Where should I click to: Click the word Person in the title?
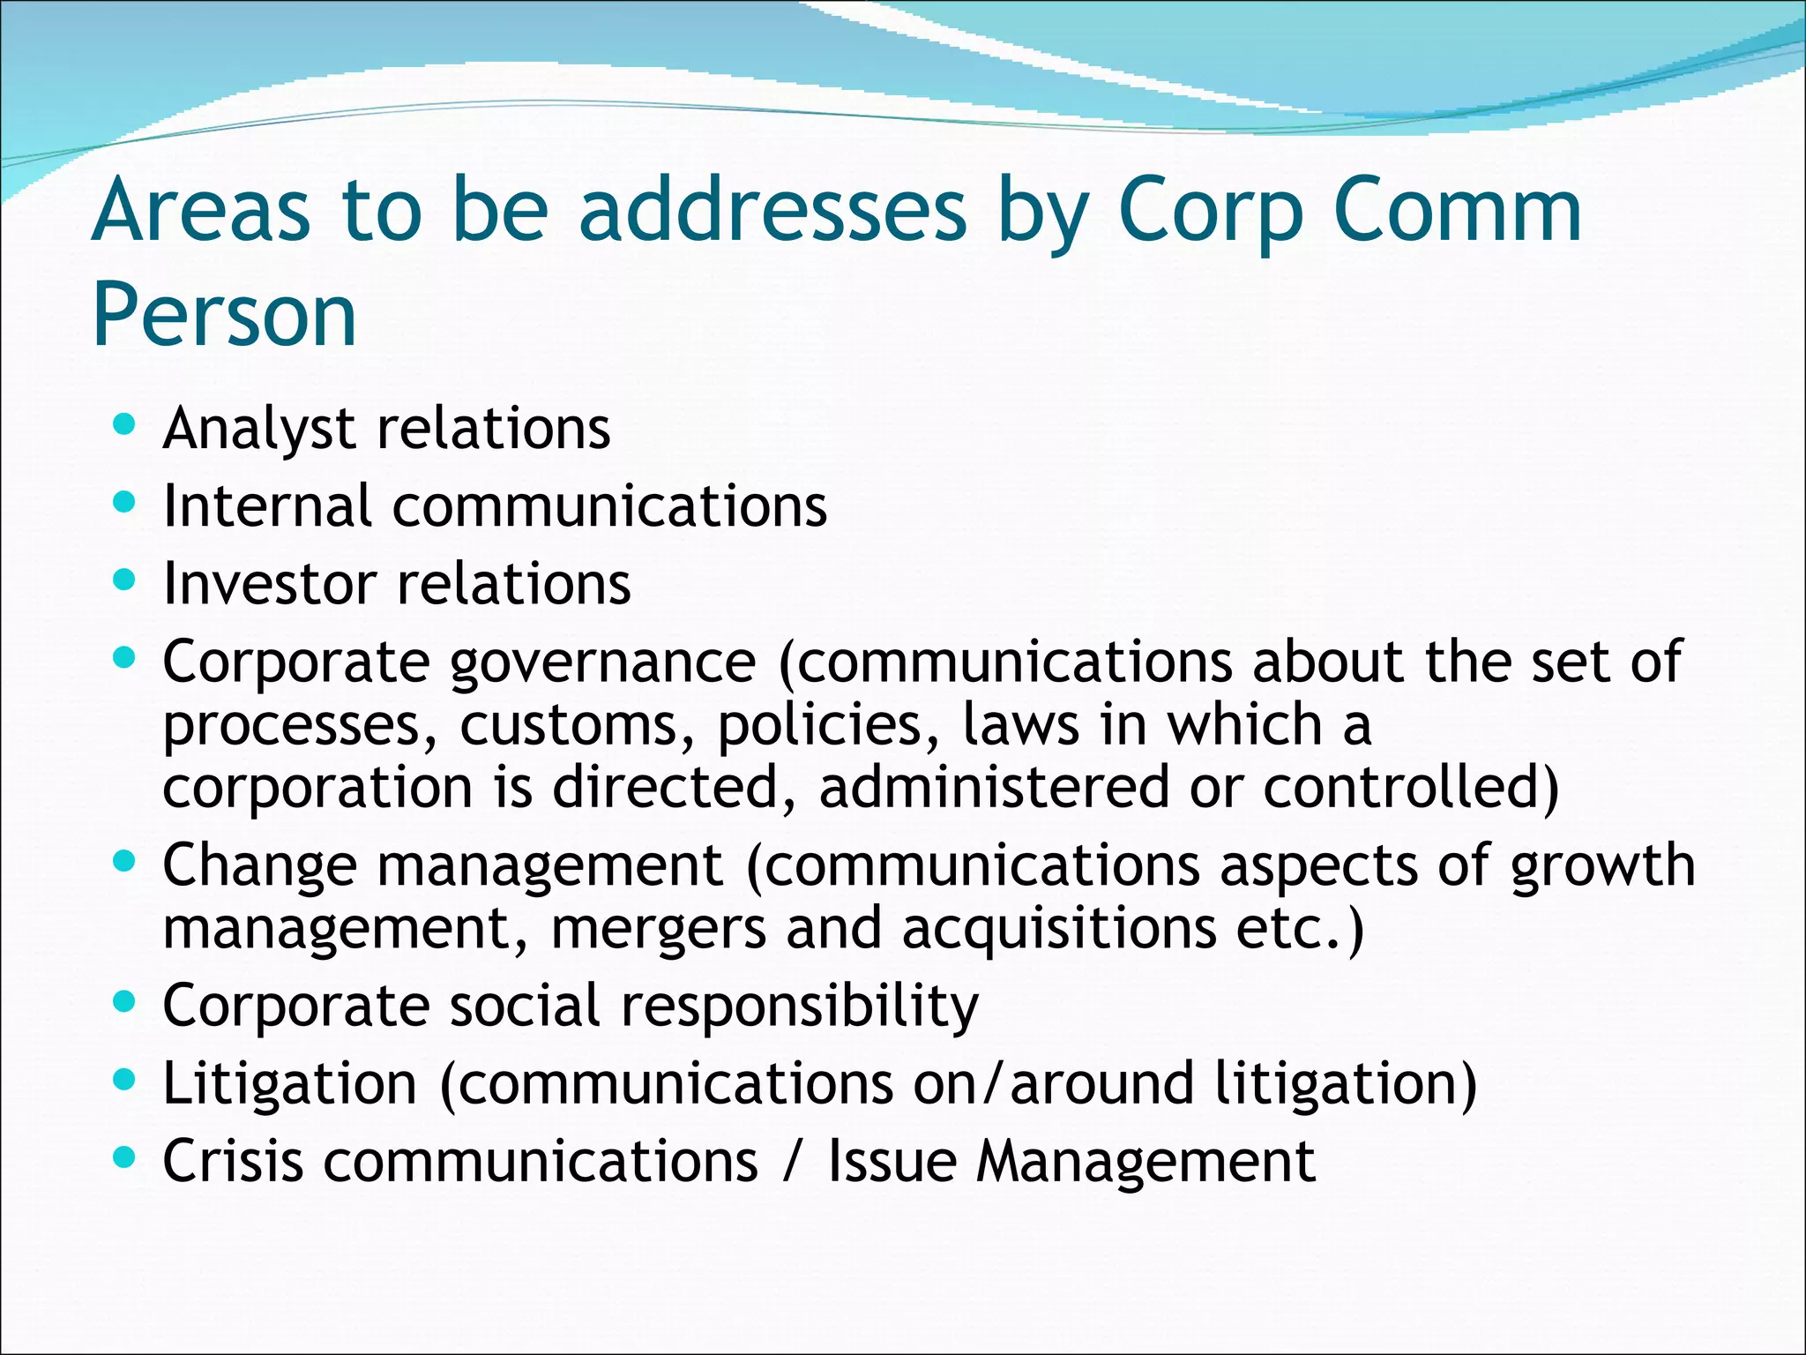click(x=224, y=315)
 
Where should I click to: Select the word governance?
click(x=603, y=663)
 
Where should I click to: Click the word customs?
click(x=578, y=724)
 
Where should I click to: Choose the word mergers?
click(x=659, y=928)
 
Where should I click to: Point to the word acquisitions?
click(x=1058, y=928)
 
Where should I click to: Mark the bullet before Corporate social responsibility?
click(x=125, y=1002)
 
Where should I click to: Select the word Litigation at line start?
click(x=289, y=1083)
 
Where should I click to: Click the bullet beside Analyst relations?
click(x=125, y=425)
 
